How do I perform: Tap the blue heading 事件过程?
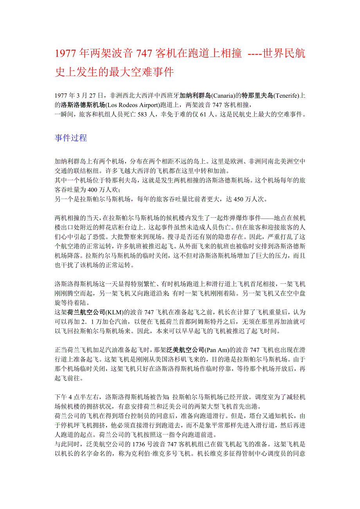coord(71,138)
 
